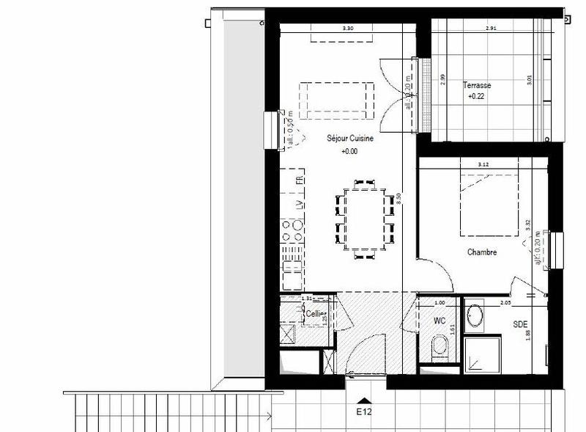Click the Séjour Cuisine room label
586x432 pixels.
[349, 138]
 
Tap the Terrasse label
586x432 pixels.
[476, 85]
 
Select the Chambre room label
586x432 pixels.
[482, 252]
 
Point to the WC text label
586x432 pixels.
[439, 321]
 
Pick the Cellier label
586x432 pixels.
[316, 313]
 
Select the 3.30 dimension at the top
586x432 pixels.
[348, 29]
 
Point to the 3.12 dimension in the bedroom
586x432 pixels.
[483, 164]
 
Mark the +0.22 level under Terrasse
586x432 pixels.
[476, 96]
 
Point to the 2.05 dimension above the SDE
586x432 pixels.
[505, 302]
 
